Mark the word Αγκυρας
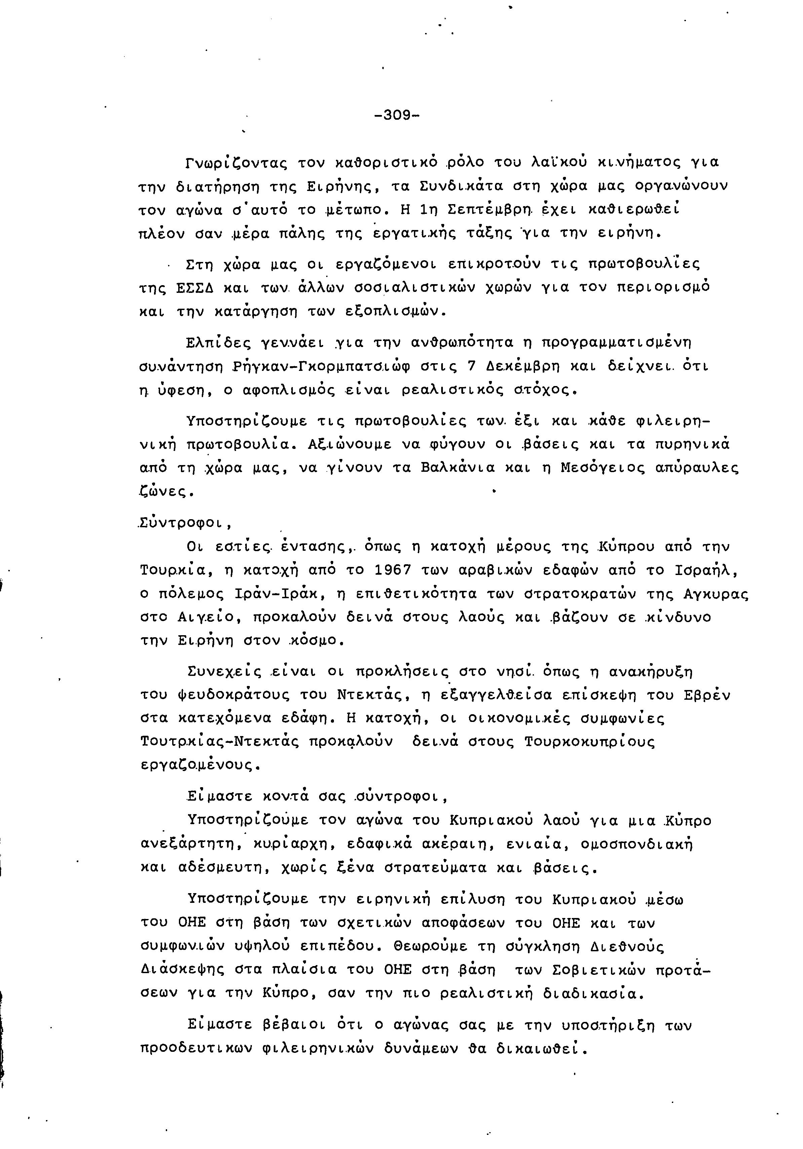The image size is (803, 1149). tap(716, 594)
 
